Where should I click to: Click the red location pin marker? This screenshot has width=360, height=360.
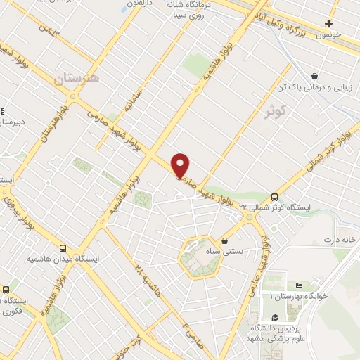coord(181,165)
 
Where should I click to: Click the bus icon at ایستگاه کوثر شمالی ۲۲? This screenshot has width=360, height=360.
coord(274,198)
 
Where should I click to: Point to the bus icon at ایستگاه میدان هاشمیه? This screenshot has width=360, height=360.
coord(64,248)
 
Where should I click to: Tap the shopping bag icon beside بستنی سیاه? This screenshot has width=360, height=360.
coord(224,240)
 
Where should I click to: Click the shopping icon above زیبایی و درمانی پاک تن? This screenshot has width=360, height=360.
coord(315,77)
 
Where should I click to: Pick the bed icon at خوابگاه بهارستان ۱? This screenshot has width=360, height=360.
coord(299,286)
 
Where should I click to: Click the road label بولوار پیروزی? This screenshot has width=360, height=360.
coord(20,211)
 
